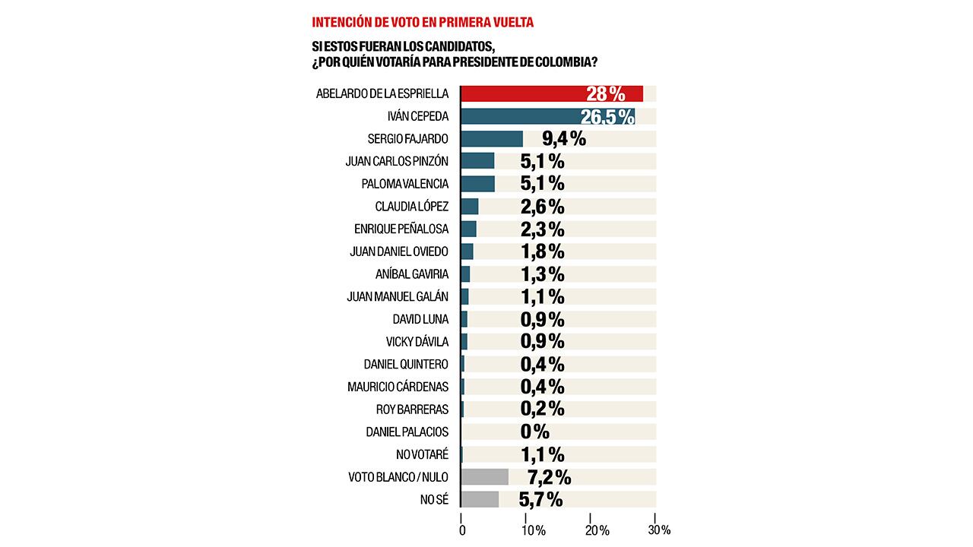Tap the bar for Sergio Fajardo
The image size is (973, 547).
[492, 139]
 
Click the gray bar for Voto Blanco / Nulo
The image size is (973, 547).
[484, 477]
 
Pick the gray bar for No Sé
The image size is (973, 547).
[480, 499]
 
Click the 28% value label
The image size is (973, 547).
[605, 94]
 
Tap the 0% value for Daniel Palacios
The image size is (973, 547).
[534, 432]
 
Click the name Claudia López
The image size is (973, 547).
[411, 207]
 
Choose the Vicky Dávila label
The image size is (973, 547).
[417, 341]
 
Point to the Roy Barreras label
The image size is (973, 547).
[412, 409]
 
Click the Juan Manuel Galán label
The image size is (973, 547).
[398, 296]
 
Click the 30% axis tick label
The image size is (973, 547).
[658, 530]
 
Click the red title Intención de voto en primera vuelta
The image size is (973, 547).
[423, 22]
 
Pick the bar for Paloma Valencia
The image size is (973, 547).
[477, 184]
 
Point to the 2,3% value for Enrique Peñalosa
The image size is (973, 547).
[542, 229]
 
